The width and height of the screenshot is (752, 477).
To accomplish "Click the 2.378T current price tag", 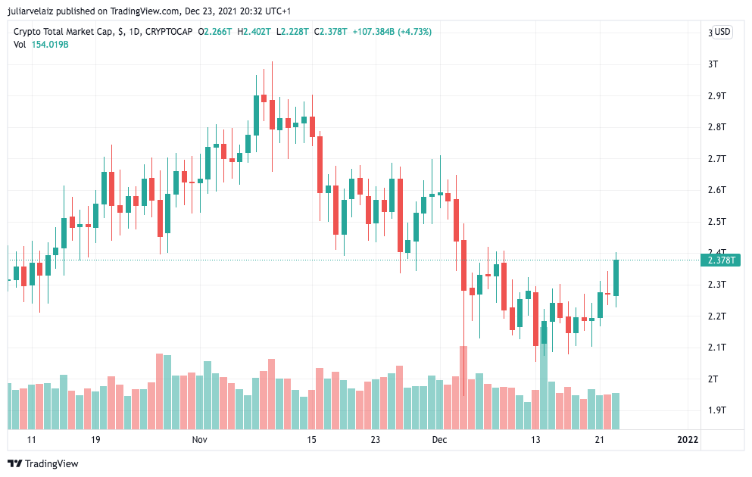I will click(722, 260).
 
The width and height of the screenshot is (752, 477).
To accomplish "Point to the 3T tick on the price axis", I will click(713, 64).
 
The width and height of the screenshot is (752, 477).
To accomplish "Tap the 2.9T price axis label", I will click(716, 96).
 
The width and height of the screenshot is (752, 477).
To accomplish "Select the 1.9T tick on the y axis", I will click(716, 410).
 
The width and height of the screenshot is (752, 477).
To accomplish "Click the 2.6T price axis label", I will click(716, 190).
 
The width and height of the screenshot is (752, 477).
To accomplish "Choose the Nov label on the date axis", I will click(200, 440).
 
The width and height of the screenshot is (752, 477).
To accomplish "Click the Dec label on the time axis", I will click(439, 440).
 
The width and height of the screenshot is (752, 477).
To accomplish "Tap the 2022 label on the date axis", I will click(687, 440).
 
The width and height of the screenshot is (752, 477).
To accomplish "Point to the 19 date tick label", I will click(95, 440).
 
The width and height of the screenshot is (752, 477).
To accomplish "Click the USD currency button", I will click(722, 32).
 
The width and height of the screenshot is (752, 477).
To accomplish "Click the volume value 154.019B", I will click(49, 45).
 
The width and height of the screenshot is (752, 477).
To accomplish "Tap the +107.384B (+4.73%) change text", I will click(393, 32).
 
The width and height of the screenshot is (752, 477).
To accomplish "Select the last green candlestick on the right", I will click(616, 277).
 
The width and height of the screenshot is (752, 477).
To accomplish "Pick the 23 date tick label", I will click(375, 440).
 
